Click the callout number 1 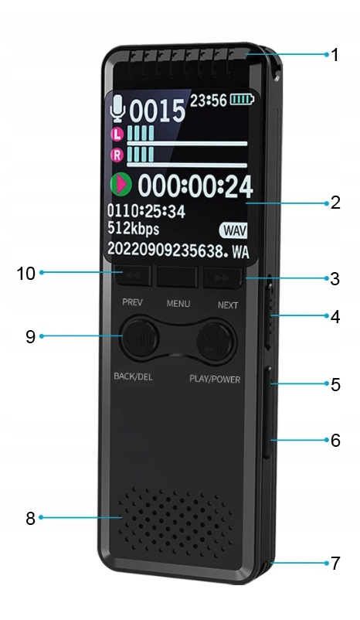click(x=335, y=55)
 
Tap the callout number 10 click(x=25, y=273)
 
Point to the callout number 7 click(x=335, y=563)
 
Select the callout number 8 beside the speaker click(x=30, y=518)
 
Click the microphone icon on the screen click(x=117, y=107)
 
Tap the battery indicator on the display click(x=243, y=99)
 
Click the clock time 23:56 click(x=209, y=100)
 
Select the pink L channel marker click(x=117, y=135)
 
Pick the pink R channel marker click(x=117, y=155)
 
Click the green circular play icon click(x=121, y=184)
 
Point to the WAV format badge click(x=233, y=230)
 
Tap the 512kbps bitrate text click(x=133, y=229)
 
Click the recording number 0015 click(x=158, y=111)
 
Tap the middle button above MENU click(x=178, y=277)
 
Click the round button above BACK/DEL click(x=140, y=337)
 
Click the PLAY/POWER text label click(x=215, y=380)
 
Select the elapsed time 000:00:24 click(x=195, y=186)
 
